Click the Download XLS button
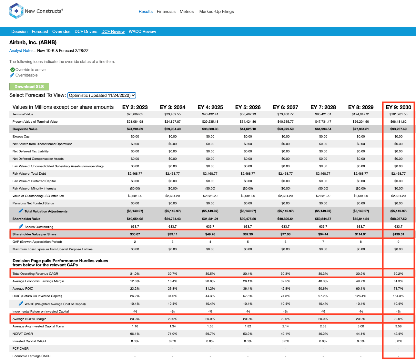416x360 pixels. click(x=29, y=87)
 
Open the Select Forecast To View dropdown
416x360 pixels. click(x=102, y=95)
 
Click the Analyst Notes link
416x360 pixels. click(x=21, y=51)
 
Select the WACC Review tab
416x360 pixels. click(x=142, y=31)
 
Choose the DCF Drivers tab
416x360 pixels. click(x=86, y=31)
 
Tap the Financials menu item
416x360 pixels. click(x=166, y=12)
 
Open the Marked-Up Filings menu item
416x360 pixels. click(x=217, y=12)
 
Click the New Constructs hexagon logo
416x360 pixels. click(x=16, y=11)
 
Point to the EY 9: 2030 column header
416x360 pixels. click(x=398, y=107)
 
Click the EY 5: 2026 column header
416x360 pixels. click(x=248, y=107)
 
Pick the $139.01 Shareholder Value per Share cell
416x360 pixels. click(x=398, y=234)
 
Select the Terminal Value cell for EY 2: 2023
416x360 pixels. click(x=135, y=114)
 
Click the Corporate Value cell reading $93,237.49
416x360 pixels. click(x=398, y=129)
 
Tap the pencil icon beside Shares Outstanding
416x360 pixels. click(x=21, y=226)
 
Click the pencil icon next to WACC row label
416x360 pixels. click(x=21, y=303)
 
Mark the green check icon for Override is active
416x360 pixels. click(x=13, y=70)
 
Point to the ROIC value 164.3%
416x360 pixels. click(x=398, y=296)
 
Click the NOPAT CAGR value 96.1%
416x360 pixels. click(x=135, y=334)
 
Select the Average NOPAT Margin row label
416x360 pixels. click(x=29, y=319)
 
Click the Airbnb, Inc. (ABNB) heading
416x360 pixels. click(x=33, y=43)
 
